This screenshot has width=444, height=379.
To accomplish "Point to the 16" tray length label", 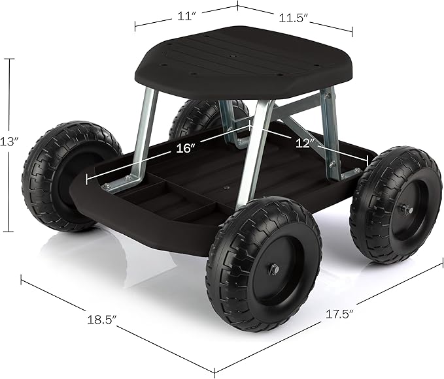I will [186, 148].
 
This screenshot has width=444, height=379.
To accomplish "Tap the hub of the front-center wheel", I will [273, 268].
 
